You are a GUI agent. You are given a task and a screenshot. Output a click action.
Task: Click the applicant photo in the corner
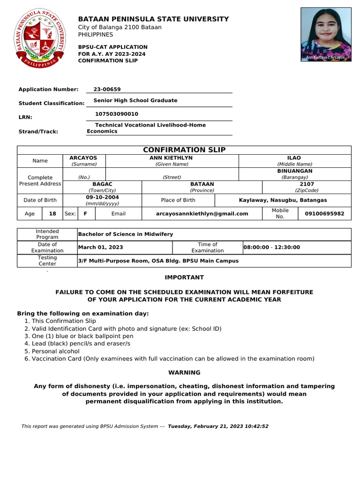(x=326, y=34)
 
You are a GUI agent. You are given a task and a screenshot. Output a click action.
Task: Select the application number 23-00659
(x=107, y=89)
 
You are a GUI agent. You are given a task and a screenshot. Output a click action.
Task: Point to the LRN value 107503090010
(x=117, y=114)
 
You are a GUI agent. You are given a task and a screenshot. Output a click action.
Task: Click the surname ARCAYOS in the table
(x=83, y=158)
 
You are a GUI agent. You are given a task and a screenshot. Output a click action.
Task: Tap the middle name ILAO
(x=294, y=158)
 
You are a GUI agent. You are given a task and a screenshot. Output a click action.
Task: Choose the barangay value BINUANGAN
(x=294, y=171)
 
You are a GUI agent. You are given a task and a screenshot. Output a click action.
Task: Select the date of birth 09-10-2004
(x=102, y=197)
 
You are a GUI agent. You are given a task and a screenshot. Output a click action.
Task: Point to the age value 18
(x=52, y=214)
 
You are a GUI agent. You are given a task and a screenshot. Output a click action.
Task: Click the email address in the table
(x=202, y=214)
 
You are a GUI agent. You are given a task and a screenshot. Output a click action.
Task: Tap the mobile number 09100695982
(x=324, y=214)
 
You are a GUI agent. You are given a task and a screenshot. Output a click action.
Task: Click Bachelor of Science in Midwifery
(x=126, y=234)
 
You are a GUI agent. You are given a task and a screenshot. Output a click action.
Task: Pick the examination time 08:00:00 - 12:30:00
(x=271, y=247)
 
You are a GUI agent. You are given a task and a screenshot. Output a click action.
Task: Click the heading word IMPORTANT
(x=184, y=277)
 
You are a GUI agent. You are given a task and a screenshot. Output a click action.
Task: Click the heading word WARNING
(x=184, y=373)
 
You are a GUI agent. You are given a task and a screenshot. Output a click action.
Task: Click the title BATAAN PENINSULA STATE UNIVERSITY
(x=153, y=19)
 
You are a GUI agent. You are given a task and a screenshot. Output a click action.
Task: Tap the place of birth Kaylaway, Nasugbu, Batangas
(x=283, y=200)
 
